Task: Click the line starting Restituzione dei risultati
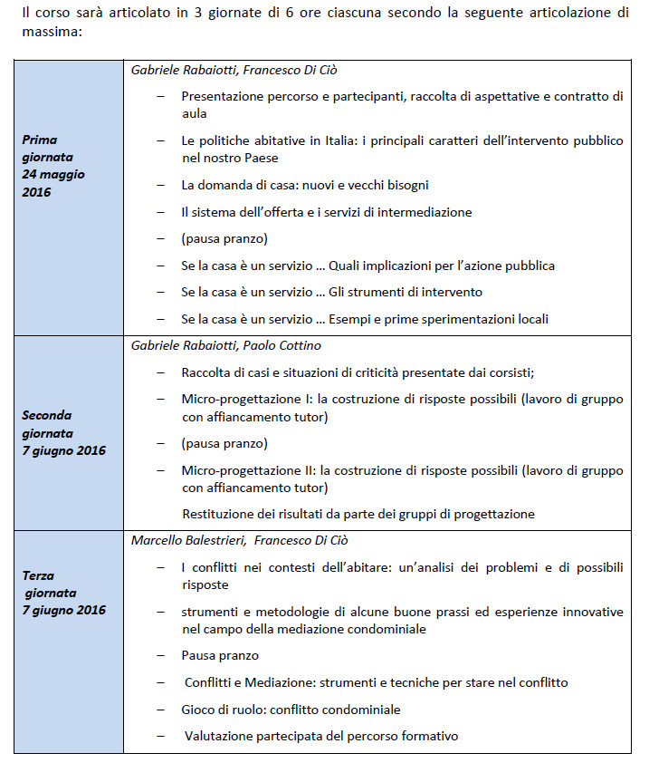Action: (x=358, y=514)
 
